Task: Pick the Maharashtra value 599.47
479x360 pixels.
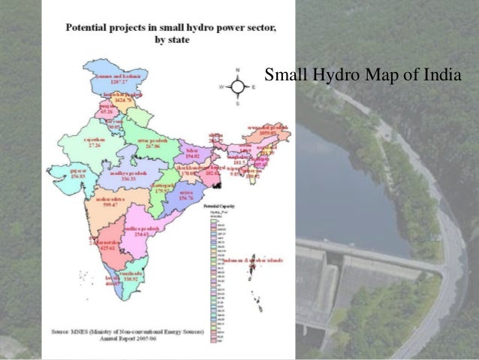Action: click(x=110, y=204)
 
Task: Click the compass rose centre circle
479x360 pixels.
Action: click(x=238, y=86)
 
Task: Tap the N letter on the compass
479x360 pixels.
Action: click(x=238, y=70)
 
